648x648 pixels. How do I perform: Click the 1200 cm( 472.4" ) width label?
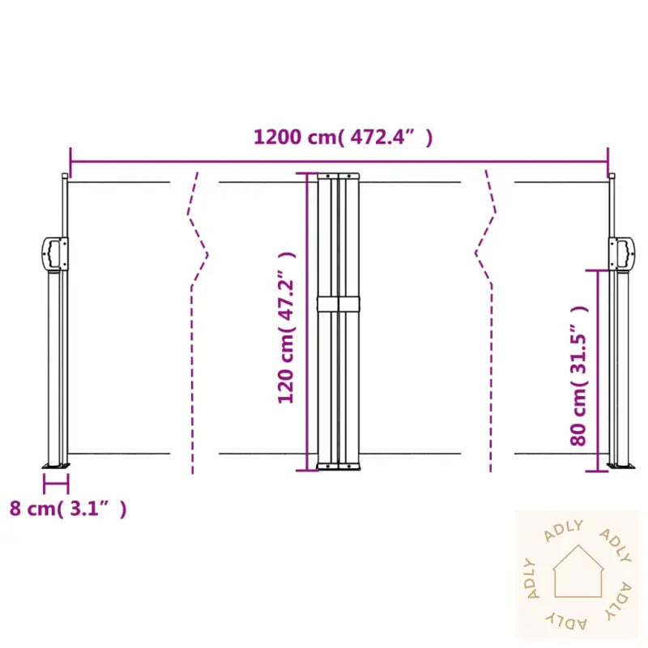click(x=343, y=138)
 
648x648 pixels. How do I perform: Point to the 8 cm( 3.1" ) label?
click(x=68, y=509)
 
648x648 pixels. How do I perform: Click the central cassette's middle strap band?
click(x=339, y=304)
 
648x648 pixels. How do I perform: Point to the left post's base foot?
click(x=56, y=466)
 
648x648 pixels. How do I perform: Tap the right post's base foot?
click(x=622, y=467)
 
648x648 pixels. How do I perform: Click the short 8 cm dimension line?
click(x=56, y=484)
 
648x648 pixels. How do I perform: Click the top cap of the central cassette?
click(x=339, y=175)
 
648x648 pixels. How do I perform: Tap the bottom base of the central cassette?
click(x=339, y=467)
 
